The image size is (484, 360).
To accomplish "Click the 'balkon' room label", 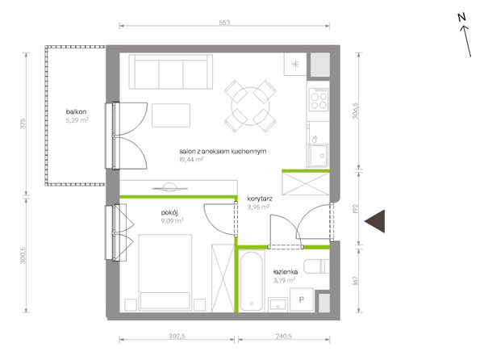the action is pos(76,111).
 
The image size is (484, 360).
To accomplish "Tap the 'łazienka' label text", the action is pos(286,272).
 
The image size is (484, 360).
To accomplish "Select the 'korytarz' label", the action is pos(260,199).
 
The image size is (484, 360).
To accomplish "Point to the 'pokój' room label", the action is pos(169,213).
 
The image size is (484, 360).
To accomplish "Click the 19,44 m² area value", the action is pos(191,159).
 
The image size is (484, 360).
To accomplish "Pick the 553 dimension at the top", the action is pos(224,23).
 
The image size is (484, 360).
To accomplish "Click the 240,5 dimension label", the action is pos(283,337).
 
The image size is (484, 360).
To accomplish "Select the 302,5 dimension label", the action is pos(177,337).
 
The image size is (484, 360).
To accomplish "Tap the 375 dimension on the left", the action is pos(23,123).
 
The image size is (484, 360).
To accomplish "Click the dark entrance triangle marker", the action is pos(377,221).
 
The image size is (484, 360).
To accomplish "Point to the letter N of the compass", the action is pos(461,18).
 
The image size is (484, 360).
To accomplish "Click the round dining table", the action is pos(250,106).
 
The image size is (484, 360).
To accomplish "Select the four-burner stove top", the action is pos(319,99).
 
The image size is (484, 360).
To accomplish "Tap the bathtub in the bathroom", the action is pos(252,282).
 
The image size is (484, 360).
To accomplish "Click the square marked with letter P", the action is pos(302,299).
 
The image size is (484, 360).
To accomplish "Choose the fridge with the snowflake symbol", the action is pos(295,65).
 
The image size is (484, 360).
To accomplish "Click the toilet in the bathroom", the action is pos(317,266).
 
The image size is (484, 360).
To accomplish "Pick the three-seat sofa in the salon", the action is pos(171,72).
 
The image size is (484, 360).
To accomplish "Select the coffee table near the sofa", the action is pos(171,115).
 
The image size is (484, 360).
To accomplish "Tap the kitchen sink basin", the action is pos(319,155).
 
